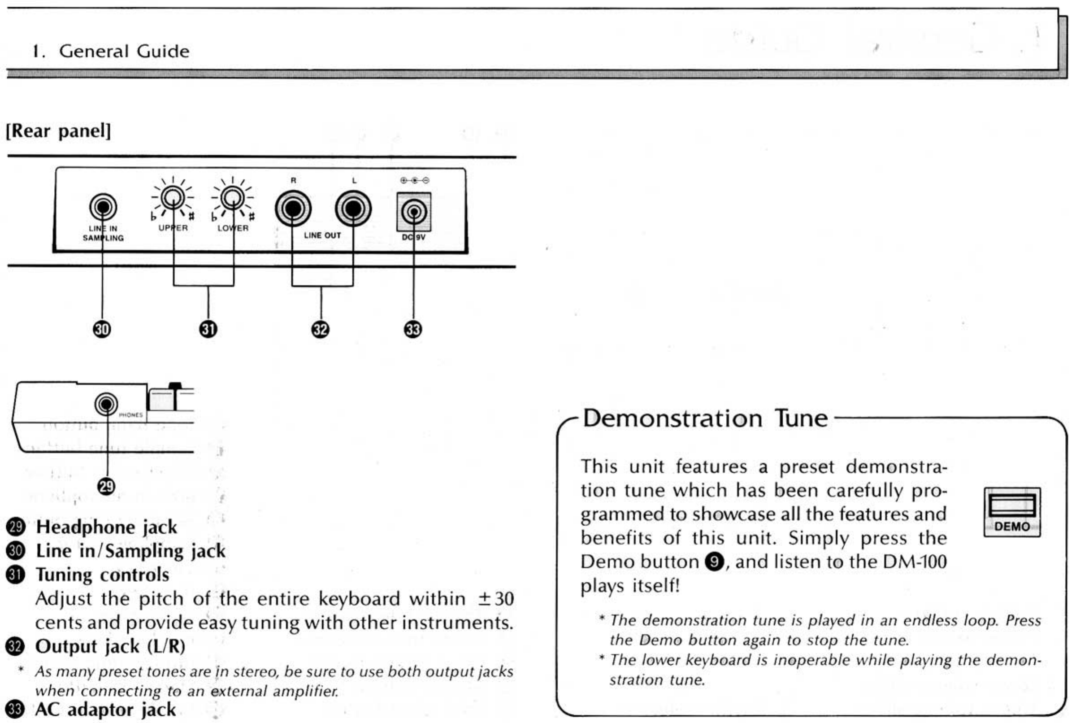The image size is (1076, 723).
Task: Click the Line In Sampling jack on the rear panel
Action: (x=103, y=208)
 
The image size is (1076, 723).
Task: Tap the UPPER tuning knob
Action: (x=173, y=197)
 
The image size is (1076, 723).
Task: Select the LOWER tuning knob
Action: (x=233, y=197)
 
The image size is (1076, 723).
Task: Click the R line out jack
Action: (x=293, y=209)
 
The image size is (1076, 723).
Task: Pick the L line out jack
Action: (x=353, y=209)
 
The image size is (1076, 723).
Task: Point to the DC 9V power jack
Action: (x=414, y=212)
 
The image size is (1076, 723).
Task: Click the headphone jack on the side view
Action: (x=106, y=405)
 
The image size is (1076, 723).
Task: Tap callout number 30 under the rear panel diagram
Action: (x=102, y=329)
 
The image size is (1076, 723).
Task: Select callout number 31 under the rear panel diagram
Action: (x=208, y=329)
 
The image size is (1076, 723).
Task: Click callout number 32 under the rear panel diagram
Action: (x=321, y=329)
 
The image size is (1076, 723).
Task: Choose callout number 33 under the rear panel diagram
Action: (x=413, y=329)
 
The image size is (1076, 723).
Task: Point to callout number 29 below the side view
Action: (x=106, y=487)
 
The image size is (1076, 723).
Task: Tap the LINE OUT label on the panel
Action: (x=322, y=235)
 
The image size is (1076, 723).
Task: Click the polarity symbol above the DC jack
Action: (x=414, y=180)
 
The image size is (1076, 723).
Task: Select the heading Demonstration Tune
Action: (x=705, y=418)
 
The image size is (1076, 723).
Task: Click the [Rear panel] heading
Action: (x=59, y=131)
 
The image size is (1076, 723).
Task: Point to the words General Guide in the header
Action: (x=124, y=51)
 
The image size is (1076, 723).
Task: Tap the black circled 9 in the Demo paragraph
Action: (x=715, y=562)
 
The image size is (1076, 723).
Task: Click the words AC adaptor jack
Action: (x=105, y=710)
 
